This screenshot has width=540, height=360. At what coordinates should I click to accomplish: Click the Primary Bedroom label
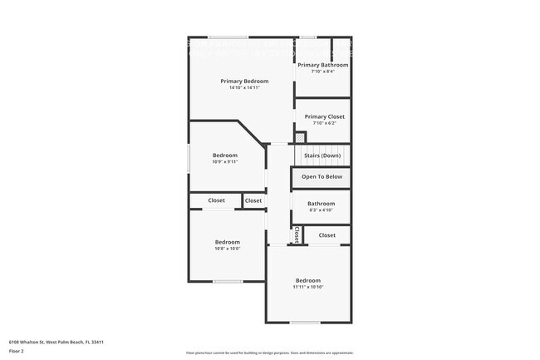click(x=244, y=81)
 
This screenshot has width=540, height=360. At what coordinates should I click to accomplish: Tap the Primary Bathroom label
click(x=322, y=64)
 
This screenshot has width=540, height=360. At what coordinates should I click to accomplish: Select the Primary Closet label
click(x=324, y=116)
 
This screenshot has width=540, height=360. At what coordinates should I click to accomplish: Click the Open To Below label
click(x=322, y=177)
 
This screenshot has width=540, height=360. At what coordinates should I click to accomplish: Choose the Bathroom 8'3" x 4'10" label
click(x=322, y=204)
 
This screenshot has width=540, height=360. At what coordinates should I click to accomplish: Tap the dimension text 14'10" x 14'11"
click(x=244, y=88)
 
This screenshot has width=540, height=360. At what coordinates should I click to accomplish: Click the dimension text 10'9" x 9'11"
click(x=225, y=162)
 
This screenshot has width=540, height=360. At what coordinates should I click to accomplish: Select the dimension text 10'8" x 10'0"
click(x=227, y=249)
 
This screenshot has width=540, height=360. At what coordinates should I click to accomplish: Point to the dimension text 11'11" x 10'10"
click(x=308, y=288)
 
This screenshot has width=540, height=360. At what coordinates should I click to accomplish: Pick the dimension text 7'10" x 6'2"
click(x=324, y=123)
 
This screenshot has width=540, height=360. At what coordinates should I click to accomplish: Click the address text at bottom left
click(x=56, y=342)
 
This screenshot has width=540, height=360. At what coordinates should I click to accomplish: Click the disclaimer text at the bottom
click(x=270, y=353)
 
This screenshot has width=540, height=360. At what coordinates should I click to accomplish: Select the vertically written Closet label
click(x=297, y=235)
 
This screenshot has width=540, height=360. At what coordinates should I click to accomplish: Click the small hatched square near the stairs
click(x=301, y=137)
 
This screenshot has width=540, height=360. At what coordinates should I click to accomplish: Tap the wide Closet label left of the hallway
click(x=216, y=200)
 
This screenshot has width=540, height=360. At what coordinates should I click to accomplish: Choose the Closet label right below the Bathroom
click(x=327, y=235)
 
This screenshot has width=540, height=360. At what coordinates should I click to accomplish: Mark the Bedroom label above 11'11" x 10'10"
click(x=308, y=280)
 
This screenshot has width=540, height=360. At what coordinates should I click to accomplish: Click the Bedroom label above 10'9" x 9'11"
click(x=225, y=155)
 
